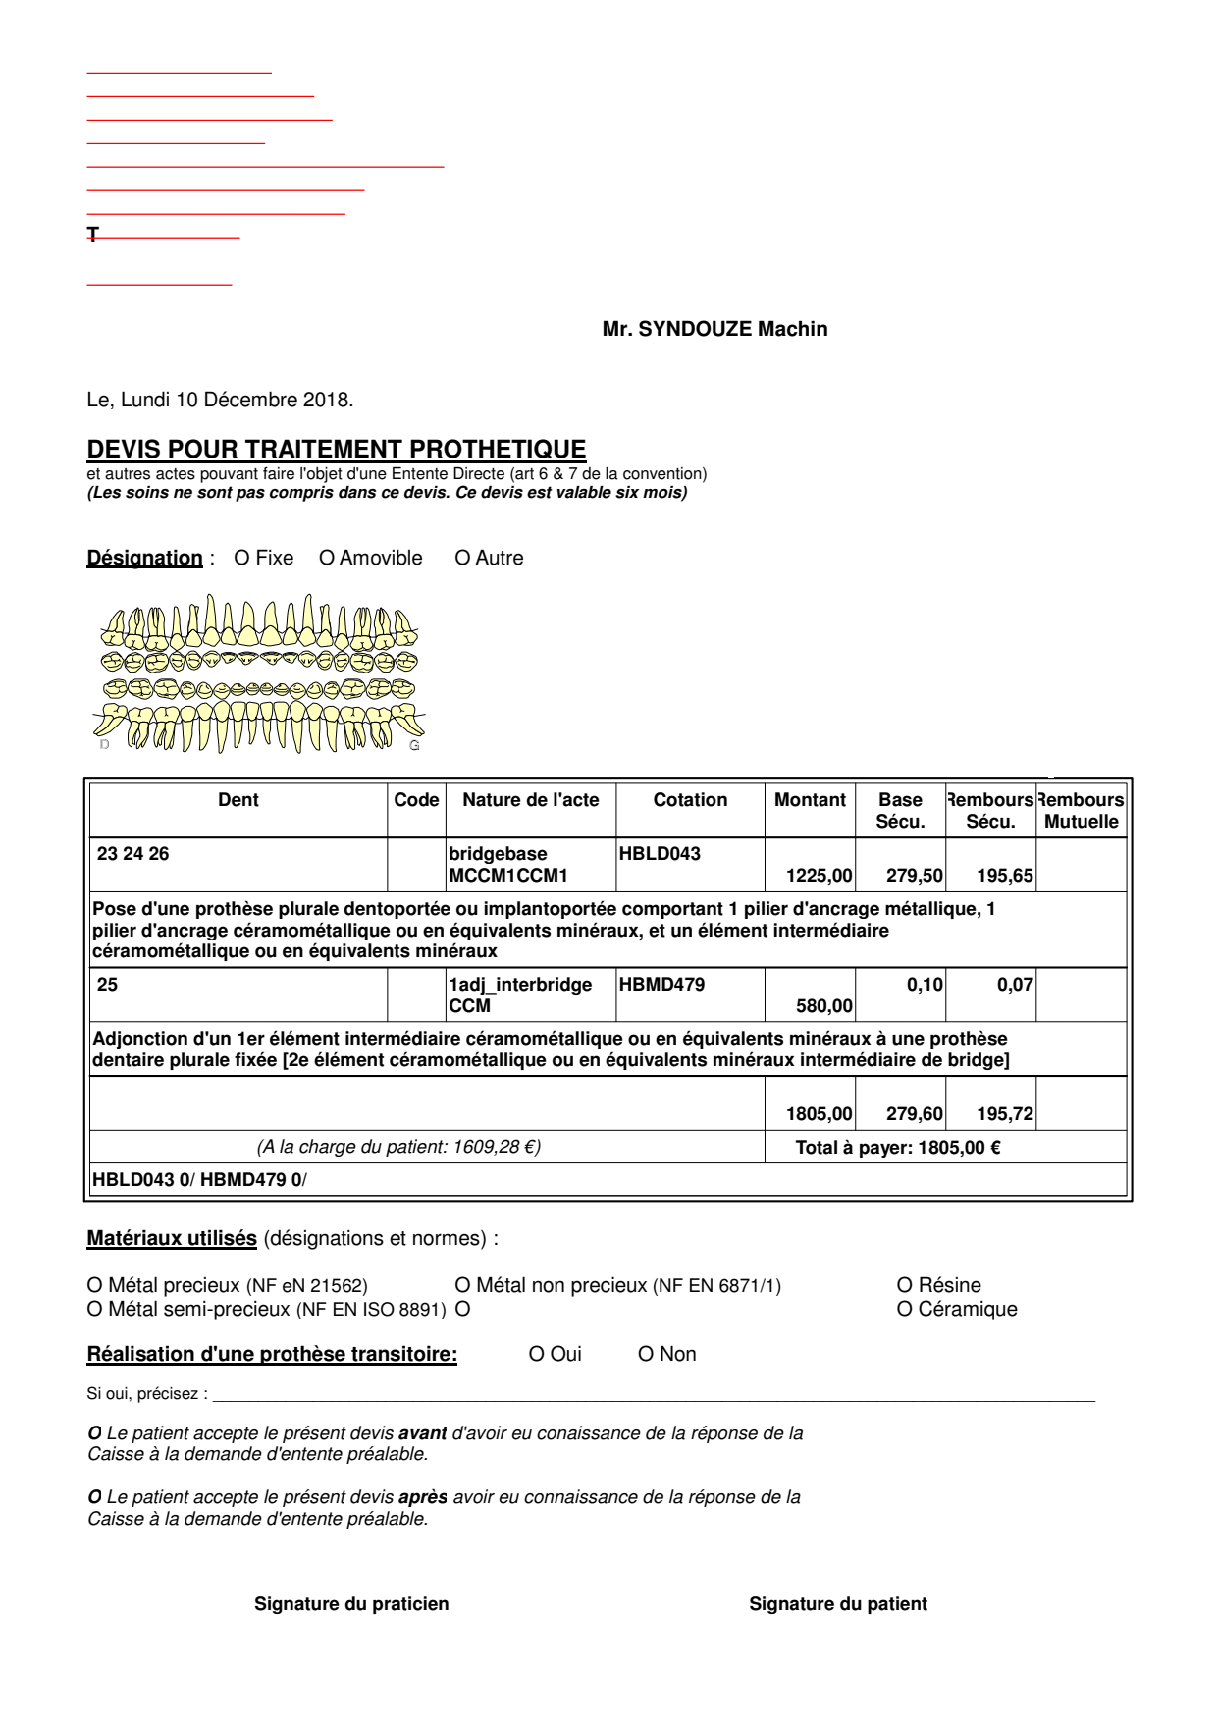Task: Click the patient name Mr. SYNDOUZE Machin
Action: [x=714, y=329]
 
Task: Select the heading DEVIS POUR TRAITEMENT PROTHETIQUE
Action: [x=336, y=449]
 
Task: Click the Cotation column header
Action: [x=690, y=800]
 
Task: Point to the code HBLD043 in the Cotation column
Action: [x=660, y=854]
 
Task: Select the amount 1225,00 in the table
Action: [x=819, y=876]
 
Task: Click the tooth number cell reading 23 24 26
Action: [x=133, y=854]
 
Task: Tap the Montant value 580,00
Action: [x=823, y=1006]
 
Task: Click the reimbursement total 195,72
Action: [x=1004, y=1114]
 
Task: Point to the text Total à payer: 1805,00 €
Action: [x=897, y=1148]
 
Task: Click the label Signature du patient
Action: [x=837, y=1604]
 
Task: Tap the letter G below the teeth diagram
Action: [x=414, y=746]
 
